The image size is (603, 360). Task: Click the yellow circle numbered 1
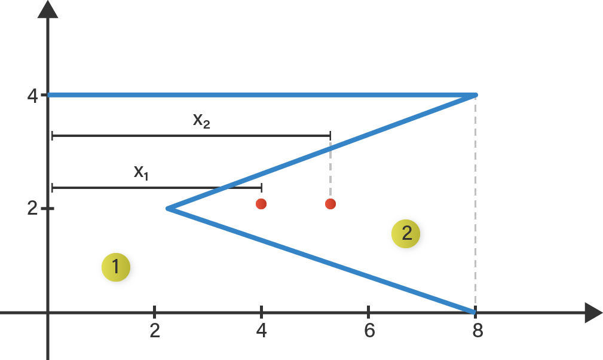tap(117, 269)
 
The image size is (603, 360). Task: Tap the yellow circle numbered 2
tap(407, 234)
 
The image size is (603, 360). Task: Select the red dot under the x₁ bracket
tap(261, 204)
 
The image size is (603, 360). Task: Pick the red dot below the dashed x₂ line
tap(330, 204)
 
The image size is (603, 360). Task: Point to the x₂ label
tap(201, 120)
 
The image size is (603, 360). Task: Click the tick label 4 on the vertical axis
tap(32, 96)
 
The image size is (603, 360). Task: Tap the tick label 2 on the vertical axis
tap(32, 208)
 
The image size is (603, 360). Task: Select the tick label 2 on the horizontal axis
tap(155, 331)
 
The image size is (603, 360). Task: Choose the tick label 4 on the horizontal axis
tap(261, 331)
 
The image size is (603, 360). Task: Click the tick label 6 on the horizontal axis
tap(369, 331)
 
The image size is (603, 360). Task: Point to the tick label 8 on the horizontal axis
tap(477, 331)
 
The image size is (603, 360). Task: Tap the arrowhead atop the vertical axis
tap(48, 10)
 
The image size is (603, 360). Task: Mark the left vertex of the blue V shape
tap(169, 208)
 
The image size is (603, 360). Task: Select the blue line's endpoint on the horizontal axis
tap(473, 312)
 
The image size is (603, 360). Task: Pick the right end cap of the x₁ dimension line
tap(261, 188)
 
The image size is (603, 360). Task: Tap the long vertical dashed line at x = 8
tap(475, 203)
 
